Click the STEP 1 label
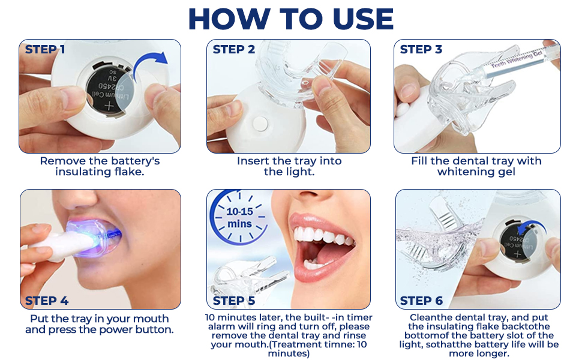click(x=45, y=49)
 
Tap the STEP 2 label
click(x=234, y=49)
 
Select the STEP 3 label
click(x=421, y=49)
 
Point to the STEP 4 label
click(x=47, y=301)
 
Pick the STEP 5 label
click(x=234, y=301)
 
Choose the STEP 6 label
click(x=421, y=301)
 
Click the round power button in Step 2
click(x=260, y=124)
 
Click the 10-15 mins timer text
click(x=239, y=217)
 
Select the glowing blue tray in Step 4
click(x=94, y=238)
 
